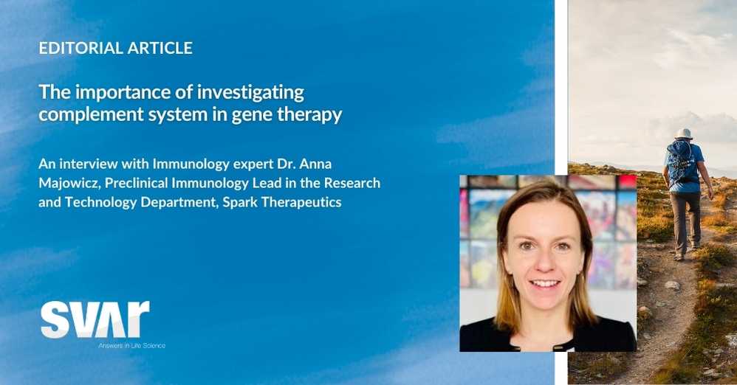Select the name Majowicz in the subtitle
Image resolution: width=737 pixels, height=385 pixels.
69,183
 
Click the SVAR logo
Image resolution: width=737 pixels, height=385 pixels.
95,320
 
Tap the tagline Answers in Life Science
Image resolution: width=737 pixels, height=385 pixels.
131,346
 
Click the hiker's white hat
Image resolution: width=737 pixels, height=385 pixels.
683,133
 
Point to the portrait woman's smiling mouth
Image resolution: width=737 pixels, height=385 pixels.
545,283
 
